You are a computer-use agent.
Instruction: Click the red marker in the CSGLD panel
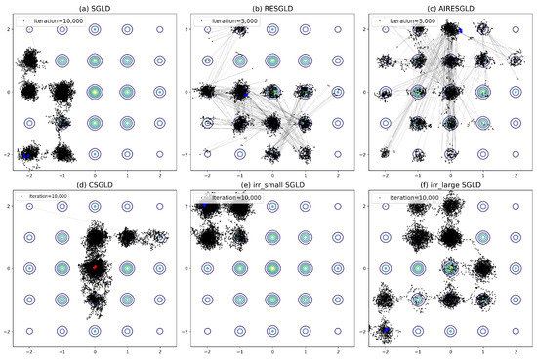point(95,266)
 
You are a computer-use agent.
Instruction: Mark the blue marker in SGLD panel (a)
point(28,153)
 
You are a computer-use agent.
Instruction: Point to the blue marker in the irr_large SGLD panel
point(387,333)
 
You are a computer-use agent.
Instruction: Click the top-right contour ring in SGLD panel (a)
point(159,30)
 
